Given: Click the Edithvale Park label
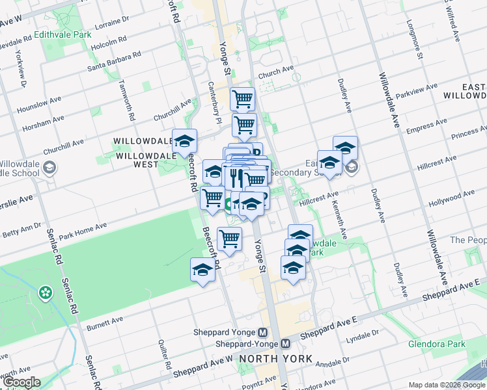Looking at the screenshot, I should click(63, 34).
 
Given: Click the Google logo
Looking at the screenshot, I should click(21, 382).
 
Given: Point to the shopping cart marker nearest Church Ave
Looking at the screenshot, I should click(242, 99).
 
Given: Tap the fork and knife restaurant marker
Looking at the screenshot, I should click(235, 177).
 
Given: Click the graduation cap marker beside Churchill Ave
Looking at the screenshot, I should click(184, 140).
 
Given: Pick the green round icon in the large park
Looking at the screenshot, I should click(45, 292).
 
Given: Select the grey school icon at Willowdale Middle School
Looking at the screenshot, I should click(49, 168).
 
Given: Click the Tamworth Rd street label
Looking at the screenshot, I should click(126, 101).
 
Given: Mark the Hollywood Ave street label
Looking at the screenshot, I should click(456, 195).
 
